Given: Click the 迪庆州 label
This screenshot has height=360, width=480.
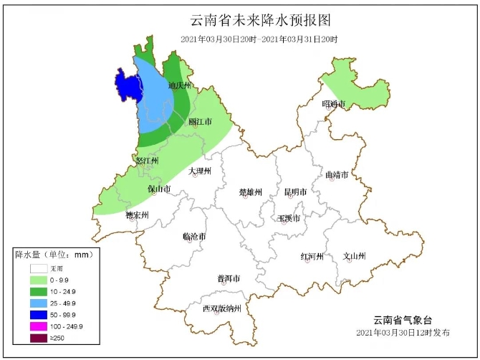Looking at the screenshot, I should [179, 85].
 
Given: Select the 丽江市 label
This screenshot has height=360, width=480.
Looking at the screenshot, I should [200, 122].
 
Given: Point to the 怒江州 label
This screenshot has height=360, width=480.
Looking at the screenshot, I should [146, 161].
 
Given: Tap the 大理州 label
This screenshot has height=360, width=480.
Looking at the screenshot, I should [200, 171].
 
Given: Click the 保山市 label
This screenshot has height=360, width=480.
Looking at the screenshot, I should [159, 189].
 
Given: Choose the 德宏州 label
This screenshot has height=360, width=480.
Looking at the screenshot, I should [137, 214].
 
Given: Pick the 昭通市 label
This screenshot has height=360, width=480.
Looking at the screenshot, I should [334, 104].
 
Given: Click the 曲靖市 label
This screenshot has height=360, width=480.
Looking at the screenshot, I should [337, 174].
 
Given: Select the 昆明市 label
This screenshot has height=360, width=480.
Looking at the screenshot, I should [295, 192].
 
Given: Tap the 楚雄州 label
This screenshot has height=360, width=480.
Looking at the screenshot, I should [251, 192].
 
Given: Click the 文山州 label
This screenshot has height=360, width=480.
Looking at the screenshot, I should [354, 256].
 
